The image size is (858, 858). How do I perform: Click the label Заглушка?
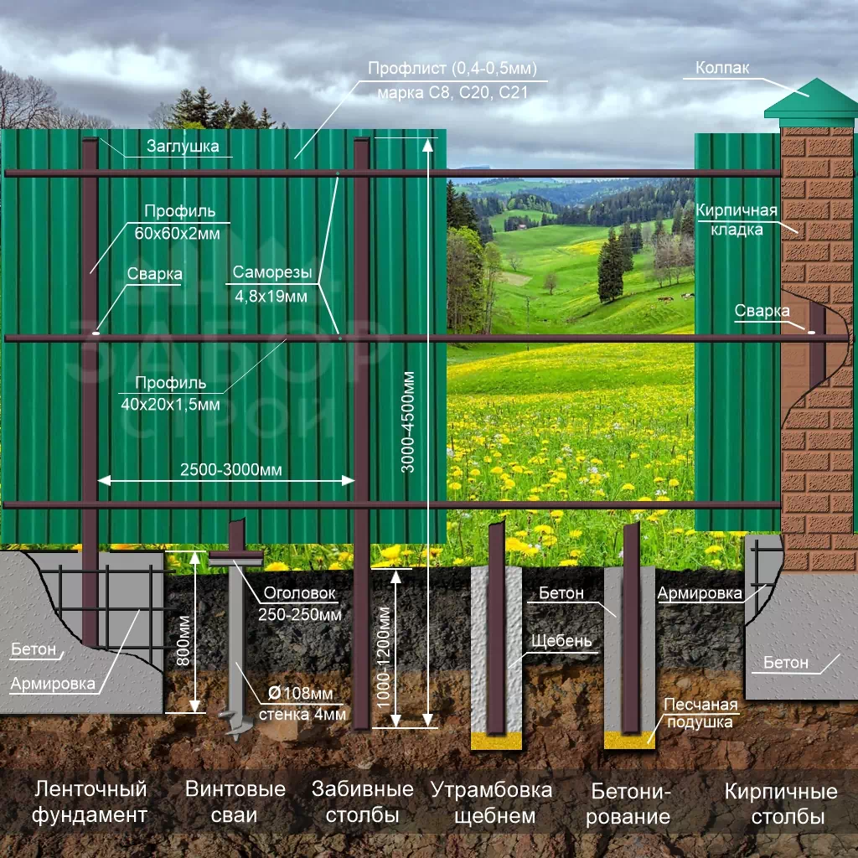(183, 147)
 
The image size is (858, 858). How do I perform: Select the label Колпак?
(722, 69)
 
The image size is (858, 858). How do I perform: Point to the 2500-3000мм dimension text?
(230, 471)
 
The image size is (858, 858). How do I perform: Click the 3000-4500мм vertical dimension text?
(408, 423)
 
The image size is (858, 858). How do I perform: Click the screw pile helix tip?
(230, 719)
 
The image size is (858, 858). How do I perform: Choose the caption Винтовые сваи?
(235, 802)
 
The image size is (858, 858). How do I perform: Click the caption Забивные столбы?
(363, 802)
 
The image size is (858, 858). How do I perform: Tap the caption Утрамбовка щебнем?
(492, 802)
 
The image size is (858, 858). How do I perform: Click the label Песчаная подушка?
(700, 713)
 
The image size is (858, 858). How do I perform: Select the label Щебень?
(561, 641)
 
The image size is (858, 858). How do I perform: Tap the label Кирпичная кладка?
(737, 220)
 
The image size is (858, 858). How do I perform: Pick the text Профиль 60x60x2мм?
(178, 222)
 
